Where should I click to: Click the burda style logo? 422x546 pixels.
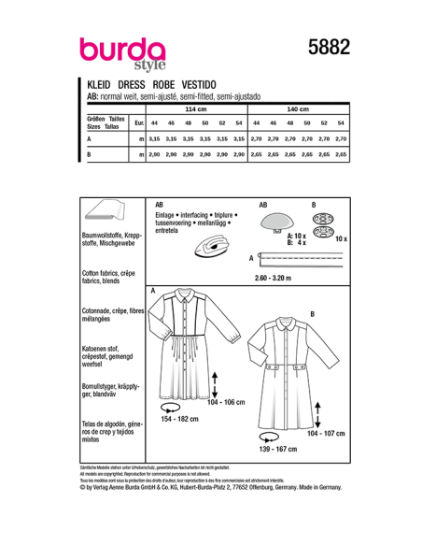click(121, 53)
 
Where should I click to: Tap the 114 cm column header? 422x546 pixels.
click(195, 109)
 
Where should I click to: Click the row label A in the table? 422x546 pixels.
click(89, 138)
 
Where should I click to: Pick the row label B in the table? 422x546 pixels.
click(89, 152)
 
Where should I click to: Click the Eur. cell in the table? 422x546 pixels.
click(138, 123)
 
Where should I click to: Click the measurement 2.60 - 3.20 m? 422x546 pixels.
click(278, 278)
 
